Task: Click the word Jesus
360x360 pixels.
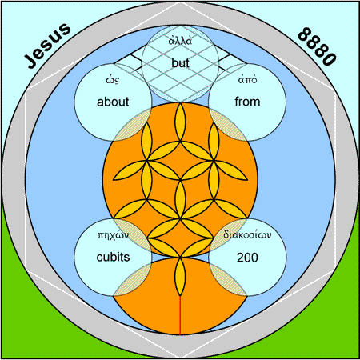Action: (x=48, y=45)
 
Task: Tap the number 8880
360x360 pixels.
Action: (x=317, y=46)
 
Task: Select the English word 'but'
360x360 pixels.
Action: (x=180, y=63)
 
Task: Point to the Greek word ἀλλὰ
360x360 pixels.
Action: (x=180, y=41)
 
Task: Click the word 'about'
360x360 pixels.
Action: (x=113, y=102)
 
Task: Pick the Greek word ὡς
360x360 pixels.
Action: (x=113, y=80)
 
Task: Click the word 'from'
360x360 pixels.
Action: (x=247, y=102)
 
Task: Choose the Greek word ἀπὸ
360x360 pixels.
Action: (x=247, y=79)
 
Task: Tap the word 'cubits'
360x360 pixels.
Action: (x=113, y=257)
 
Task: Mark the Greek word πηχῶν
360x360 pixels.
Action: (x=113, y=235)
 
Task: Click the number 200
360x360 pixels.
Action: (x=247, y=258)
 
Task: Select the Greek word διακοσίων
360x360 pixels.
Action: (x=247, y=234)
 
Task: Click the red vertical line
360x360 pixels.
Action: (x=180, y=315)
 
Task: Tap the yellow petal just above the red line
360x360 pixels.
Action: (x=180, y=276)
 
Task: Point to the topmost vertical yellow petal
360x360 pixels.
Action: (x=180, y=122)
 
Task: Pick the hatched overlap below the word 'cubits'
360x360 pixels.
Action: (x=132, y=279)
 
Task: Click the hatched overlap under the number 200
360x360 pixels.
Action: (x=229, y=279)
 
